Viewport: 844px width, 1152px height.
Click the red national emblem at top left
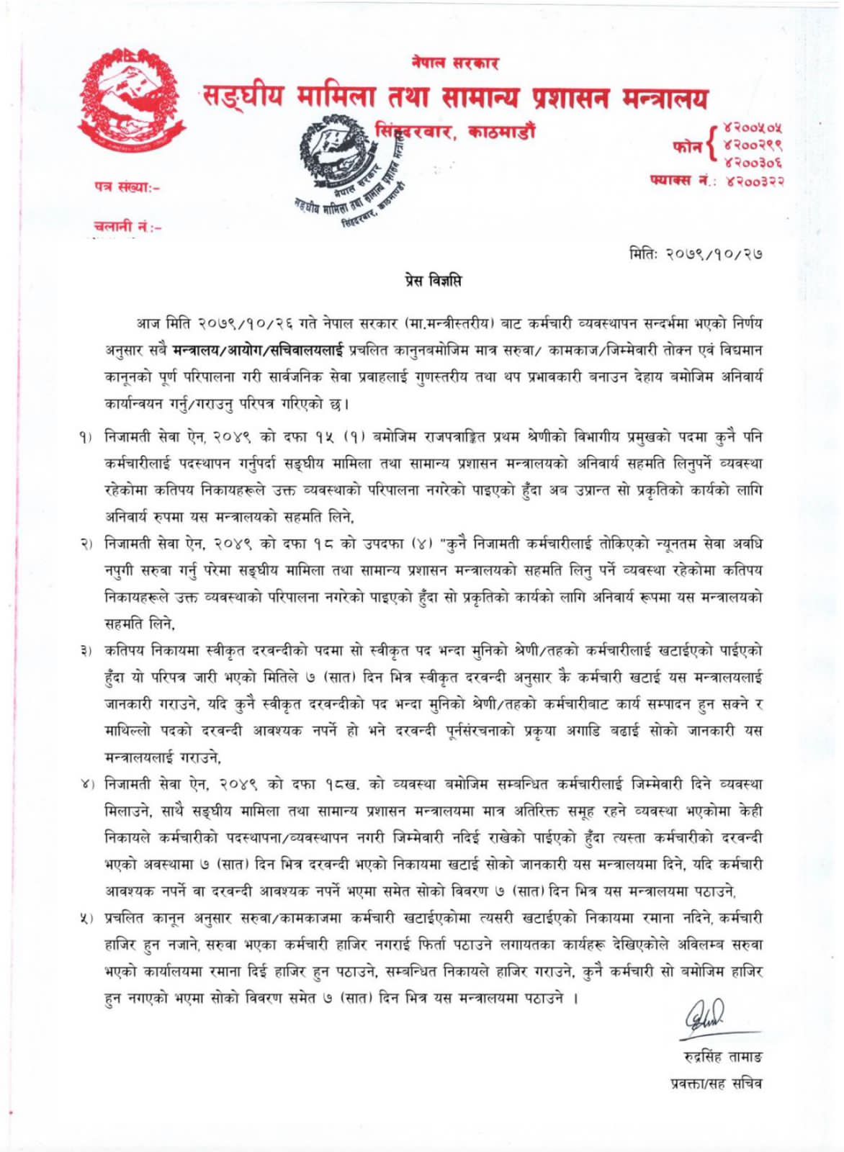pos(131,101)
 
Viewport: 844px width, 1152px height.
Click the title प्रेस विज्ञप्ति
pos(432,281)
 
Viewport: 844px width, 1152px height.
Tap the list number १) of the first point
pos(89,437)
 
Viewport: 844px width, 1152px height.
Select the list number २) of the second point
pos(89,544)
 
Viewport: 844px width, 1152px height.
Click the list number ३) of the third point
pos(89,651)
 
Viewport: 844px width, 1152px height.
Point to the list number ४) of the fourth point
pos(89,784)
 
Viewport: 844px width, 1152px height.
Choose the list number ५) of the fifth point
pos(89,918)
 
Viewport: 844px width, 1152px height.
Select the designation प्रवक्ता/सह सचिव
pos(717,1082)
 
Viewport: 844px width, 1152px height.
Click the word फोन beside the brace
pos(687,146)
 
